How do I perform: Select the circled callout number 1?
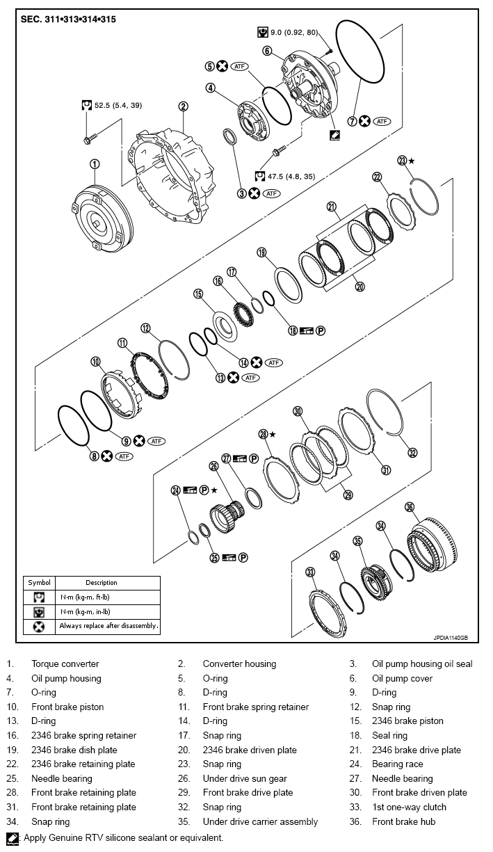click(x=95, y=164)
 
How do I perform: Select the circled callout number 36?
click(x=410, y=507)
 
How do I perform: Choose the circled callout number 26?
click(x=214, y=466)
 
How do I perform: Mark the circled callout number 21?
click(x=332, y=206)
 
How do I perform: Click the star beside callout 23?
click(x=412, y=160)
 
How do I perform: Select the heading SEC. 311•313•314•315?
click(x=66, y=19)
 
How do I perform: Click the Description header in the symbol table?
click(x=102, y=582)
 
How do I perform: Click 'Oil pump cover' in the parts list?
click(x=402, y=678)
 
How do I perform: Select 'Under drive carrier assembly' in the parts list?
click(x=260, y=821)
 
